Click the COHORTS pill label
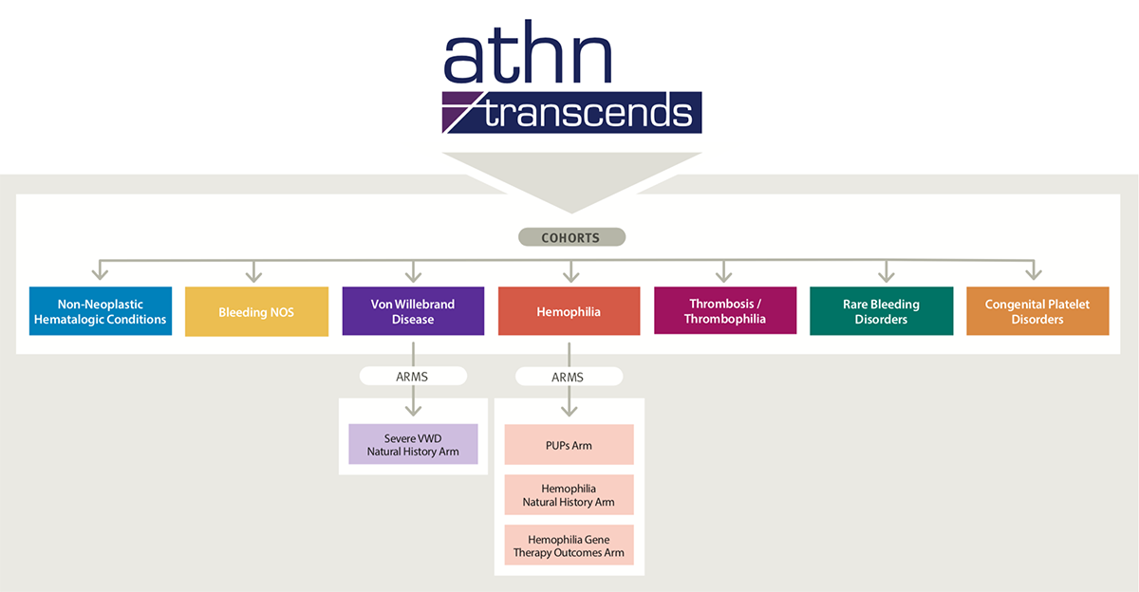pyautogui.click(x=571, y=237)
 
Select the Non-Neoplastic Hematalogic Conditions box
pyautogui.click(x=101, y=311)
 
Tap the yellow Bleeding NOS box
pyautogui.click(x=255, y=311)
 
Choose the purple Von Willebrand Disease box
pyautogui.click(x=413, y=311)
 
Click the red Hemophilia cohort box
pyautogui.click(x=569, y=311)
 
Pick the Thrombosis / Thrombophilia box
pyautogui.click(x=724, y=311)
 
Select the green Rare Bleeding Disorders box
pyautogui.click(x=881, y=311)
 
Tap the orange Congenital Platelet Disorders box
pyautogui.click(x=1037, y=311)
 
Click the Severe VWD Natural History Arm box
pyautogui.click(x=413, y=444)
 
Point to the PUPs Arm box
pyautogui.click(x=569, y=445)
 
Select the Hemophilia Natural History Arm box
pyautogui.click(x=569, y=495)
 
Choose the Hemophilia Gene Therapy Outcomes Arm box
pyautogui.click(x=569, y=546)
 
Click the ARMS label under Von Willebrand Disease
pyautogui.click(x=413, y=377)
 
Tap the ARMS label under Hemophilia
pyautogui.click(x=569, y=377)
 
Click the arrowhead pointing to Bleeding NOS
pyautogui.click(x=254, y=276)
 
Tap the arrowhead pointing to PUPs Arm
pyautogui.click(x=569, y=411)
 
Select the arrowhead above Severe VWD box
pyautogui.click(x=413, y=411)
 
